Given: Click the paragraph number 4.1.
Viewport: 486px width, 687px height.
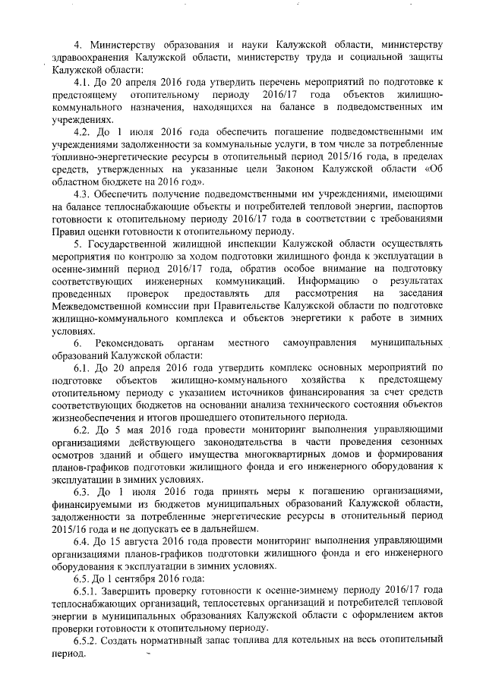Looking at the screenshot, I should click(81, 80).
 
